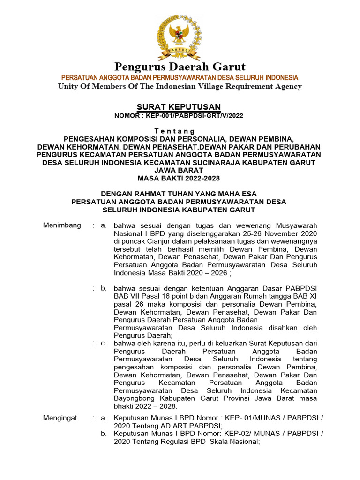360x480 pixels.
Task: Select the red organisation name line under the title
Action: [x=180, y=77]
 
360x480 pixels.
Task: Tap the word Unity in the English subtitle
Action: [x=68, y=86]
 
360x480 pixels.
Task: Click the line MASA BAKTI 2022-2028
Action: [x=179, y=178]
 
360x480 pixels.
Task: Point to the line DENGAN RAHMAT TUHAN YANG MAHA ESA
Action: [x=179, y=194]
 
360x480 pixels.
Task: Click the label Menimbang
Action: [x=62, y=225]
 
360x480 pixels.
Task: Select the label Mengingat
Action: [x=60, y=418]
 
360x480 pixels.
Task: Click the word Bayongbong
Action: [x=134, y=398]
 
